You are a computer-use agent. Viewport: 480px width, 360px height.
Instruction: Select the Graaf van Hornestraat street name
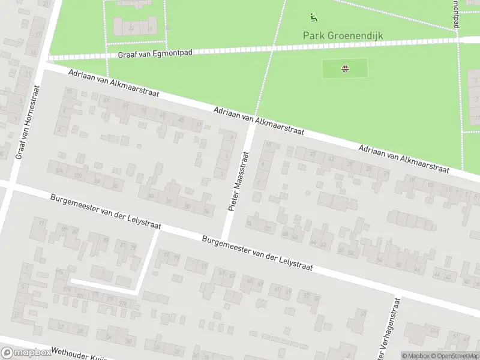28,122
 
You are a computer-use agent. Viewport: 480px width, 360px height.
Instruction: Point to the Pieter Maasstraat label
238,181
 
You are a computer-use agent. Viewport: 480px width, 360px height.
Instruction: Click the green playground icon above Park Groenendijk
313,17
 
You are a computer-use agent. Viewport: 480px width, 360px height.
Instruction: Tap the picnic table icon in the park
345,68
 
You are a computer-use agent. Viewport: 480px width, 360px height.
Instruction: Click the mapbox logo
27,353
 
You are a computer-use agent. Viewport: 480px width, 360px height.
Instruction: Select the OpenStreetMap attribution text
457,355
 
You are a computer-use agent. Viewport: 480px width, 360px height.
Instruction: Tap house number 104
60,172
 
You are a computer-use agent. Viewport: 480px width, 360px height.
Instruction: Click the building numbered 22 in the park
131,28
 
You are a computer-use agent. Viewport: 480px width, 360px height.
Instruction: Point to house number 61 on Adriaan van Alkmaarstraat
106,100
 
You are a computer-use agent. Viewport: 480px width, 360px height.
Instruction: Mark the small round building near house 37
308,193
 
